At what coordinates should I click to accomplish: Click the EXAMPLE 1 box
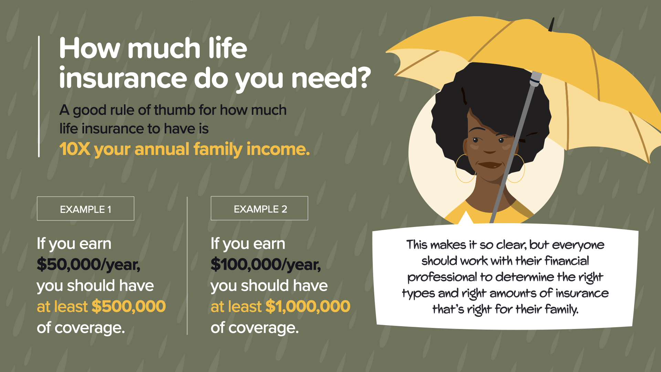tap(85, 208)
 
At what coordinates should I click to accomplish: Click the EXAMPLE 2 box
tap(259, 208)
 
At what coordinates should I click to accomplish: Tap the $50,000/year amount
tap(88, 265)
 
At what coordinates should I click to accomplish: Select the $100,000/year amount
tap(265, 265)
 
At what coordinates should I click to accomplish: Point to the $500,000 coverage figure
tap(129, 306)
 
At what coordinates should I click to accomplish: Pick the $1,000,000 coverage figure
tap(308, 306)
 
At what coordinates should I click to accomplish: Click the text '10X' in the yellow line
tap(75, 149)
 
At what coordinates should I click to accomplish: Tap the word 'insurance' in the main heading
tap(123, 78)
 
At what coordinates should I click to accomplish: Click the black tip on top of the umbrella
tap(551, 24)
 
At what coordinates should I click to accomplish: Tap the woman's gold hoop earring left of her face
tap(465, 168)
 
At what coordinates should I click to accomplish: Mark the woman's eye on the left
tap(476, 140)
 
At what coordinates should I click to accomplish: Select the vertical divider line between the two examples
tap(187, 266)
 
